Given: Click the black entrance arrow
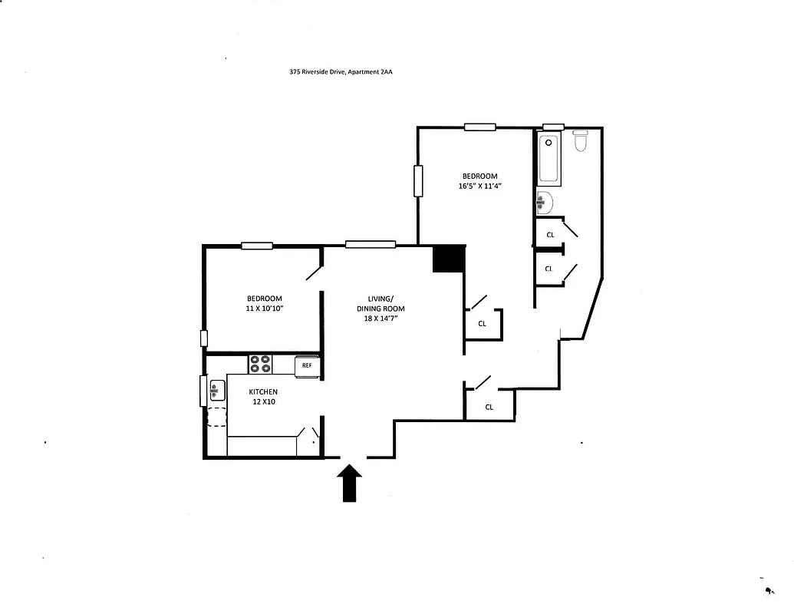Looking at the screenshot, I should point(350,483).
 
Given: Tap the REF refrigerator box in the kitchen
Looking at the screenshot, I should point(307,365).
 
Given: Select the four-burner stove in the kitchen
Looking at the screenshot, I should point(260,363).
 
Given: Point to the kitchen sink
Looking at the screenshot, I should point(216,391).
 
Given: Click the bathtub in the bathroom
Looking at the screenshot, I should point(549,159).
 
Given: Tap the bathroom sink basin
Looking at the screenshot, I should point(543,202).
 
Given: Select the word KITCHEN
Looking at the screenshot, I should point(263,391).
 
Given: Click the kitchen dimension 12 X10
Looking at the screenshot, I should point(262,401).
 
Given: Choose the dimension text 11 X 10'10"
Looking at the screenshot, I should point(264,309).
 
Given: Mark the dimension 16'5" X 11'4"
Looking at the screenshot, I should point(479,186).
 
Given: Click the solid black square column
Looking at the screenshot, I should point(449,259).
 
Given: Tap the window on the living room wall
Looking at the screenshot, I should point(371,245).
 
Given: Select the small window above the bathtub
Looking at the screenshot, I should point(553,127).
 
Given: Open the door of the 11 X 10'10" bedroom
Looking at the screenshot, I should point(313,273).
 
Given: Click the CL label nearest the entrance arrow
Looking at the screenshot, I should point(489,407).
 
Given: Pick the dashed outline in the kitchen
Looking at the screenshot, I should point(216,417).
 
